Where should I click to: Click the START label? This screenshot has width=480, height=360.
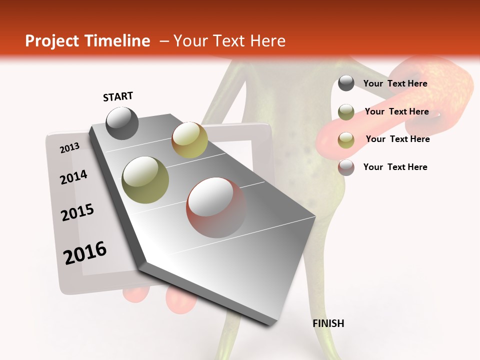tap(118, 96)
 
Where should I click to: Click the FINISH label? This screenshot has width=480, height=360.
tap(328, 323)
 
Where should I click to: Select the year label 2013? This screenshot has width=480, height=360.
tap(70, 147)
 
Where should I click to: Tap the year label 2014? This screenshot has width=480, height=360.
tap(74, 177)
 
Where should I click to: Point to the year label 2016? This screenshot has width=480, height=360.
tap(85, 252)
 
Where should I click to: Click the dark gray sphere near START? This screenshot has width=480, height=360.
tap(122, 123)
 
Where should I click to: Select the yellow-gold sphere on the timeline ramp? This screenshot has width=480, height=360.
tap(189, 140)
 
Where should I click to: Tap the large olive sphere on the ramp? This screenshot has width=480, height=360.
tap(145, 179)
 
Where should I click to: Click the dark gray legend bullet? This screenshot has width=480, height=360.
tap(346, 83)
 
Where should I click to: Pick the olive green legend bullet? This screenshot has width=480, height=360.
tap(346, 112)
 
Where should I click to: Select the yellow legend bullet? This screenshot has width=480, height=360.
tap(346, 140)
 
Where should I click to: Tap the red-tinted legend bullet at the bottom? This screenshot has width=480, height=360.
tap(346, 167)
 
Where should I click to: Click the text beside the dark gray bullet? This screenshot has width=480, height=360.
tap(395, 83)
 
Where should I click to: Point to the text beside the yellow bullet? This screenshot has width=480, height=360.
tap(397, 139)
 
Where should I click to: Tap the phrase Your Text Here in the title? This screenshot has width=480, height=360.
tap(229, 41)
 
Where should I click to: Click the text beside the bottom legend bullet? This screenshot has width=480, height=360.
tap(395, 167)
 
